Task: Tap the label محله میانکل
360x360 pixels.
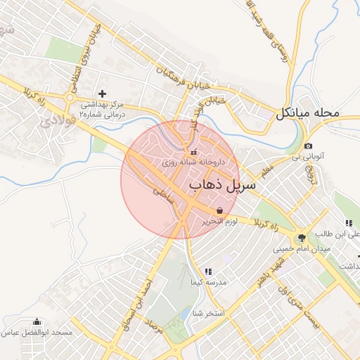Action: [x=308, y=112]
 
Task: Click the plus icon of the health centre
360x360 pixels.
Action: [x=103, y=94]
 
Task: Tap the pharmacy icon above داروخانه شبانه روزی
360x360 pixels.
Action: [x=194, y=152]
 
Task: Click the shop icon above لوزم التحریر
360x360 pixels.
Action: [x=220, y=210]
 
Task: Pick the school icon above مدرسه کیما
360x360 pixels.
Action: [x=208, y=271]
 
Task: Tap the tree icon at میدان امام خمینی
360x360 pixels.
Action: [x=302, y=238]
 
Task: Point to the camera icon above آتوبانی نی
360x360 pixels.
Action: [x=308, y=146]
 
